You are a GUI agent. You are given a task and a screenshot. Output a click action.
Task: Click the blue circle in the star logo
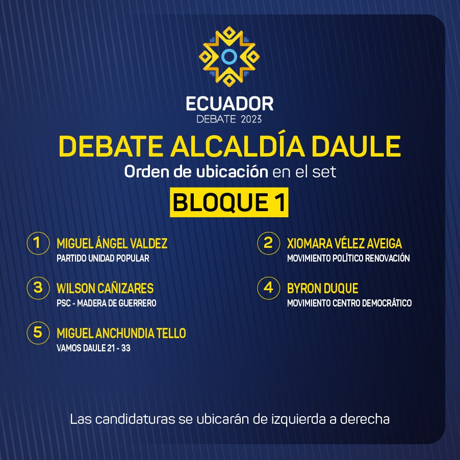(x=229, y=57)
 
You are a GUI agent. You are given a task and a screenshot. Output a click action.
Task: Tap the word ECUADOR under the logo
(x=229, y=104)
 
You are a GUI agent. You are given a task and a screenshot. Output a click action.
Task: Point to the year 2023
(x=251, y=119)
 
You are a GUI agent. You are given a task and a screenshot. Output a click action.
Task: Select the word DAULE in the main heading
(x=356, y=146)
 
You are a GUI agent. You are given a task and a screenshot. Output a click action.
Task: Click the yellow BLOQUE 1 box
(x=229, y=202)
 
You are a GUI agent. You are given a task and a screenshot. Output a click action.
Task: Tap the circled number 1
(x=38, y=243)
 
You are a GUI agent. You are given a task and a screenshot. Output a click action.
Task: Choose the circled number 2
(x=268, y=243)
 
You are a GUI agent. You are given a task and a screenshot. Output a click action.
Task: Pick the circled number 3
(x=38, y=288)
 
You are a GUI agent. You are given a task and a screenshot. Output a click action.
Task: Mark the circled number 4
(x=268, y=288)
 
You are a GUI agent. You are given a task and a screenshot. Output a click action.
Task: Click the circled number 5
(x=38, y=333)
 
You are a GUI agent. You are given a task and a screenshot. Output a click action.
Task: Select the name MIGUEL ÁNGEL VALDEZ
(x=112, y=243)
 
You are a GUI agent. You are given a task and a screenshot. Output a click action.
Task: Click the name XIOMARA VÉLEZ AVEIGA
(x=344, y=243)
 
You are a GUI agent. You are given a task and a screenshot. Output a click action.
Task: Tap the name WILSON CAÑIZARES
(x=105, y=288)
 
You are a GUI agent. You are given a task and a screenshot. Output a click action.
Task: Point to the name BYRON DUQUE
(x=322, y=288)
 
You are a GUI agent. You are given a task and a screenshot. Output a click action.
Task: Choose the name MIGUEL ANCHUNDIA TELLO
(x=121, y=333)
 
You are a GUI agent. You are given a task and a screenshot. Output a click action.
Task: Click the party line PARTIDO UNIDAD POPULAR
(x=103, y=258)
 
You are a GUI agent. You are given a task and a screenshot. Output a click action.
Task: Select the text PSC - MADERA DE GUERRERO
(x=107, y=303)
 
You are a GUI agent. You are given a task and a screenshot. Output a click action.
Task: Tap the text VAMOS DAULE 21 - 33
(x=94, y=348)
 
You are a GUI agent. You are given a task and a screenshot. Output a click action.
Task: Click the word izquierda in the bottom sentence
(x=298, y=420)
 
